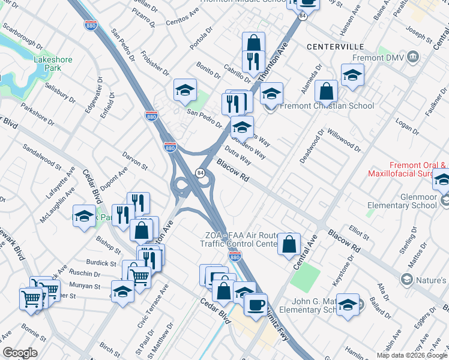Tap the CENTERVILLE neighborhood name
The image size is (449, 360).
336,46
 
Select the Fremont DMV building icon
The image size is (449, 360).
413,58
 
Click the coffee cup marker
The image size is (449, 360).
256,304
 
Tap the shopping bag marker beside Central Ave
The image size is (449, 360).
289,244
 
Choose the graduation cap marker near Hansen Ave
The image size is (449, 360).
352,75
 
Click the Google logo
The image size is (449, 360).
20,353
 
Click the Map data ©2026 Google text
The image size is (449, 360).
412,355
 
